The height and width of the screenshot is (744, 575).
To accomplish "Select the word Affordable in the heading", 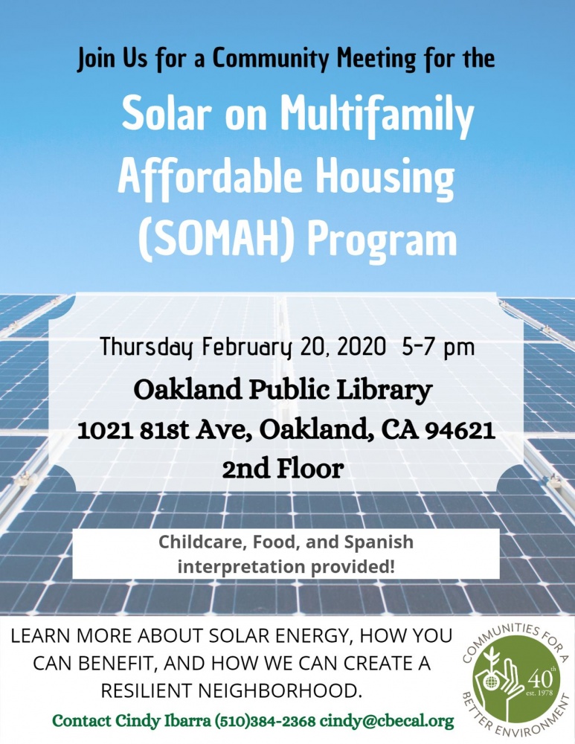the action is pyautogui.click(x=210, y=176).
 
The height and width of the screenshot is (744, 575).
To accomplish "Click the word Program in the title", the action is pyautogui.click(x=382, y=241).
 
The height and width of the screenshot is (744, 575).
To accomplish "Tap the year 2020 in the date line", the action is pyautogui.click(x=361, y=347).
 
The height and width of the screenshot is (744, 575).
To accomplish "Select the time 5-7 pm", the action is pyautogui.click(x=438, y=347).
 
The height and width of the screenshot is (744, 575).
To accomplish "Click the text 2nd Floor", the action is pyautogui.click(x=283, y=469).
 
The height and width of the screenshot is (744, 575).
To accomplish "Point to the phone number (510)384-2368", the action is pyautogui.click(x=266, y=721).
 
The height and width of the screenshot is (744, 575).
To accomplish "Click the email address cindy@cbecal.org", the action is pyautogui.click(x=387, y=721).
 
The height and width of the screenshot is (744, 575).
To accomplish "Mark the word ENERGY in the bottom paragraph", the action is pyautogui.click(x=315, y=636).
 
